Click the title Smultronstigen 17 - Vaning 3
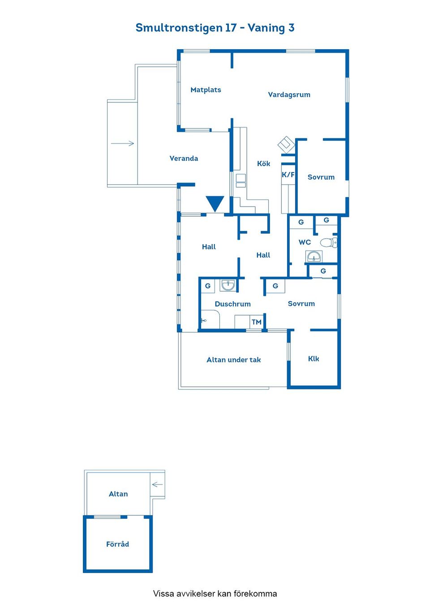point(215,28)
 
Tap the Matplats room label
point(206,90)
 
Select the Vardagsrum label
point(289,95)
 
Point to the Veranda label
point(184,158)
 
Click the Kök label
point(263,163)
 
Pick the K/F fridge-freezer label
point(288,175)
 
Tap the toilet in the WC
point(329,242)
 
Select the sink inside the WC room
point(314,256)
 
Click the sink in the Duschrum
point(228,285)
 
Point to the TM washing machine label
point(256,322)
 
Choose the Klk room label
point(313,359)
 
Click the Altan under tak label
point(233,360)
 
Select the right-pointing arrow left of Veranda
point(122,143)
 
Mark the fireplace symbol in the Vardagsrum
point(286,145)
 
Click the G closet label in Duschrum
point(208,286)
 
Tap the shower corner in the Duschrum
point(210,319)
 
